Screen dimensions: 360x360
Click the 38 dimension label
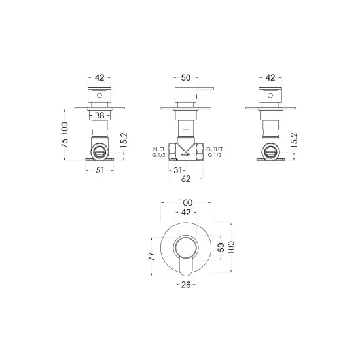point(99,115)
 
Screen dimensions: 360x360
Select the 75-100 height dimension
point(65,135)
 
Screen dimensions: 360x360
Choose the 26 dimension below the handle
point(186,284)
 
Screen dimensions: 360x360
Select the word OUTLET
point(215,150)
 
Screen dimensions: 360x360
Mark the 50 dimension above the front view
point(186,77)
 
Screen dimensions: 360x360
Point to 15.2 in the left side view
point(124,139)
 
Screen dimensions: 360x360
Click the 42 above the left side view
point(99,77)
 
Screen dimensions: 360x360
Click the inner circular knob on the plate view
point(186,248)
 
